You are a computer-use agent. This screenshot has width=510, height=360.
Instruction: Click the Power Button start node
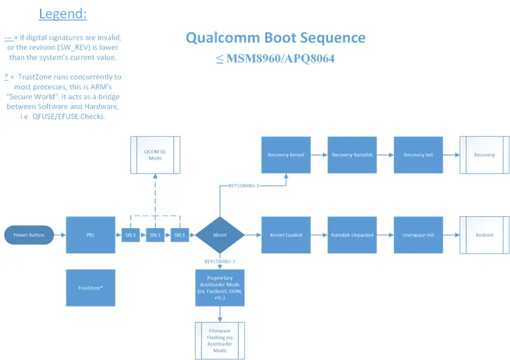[x=29, y=235]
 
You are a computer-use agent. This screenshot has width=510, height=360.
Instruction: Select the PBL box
[x=91, y=235]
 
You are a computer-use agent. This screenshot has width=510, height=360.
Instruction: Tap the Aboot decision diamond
[x=220, y=235]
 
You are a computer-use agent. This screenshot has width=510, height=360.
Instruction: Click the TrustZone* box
[x=91, y=288]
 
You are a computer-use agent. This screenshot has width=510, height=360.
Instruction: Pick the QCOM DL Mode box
[x=156, y=154]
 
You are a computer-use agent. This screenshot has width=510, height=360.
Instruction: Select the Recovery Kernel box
[x=286, y=155]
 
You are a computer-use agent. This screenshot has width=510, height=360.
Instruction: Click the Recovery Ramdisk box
[x=352, y=155]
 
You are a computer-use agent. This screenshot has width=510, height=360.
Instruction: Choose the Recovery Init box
[x=418, y=155]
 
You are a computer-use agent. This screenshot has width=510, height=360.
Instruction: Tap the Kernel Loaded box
[x=286, y=235]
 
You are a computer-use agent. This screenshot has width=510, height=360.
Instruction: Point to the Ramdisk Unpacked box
[x=352, y=235]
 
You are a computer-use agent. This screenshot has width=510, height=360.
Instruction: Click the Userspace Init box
[x=418, y=235]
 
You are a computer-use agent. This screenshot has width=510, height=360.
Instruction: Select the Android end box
[x=484, y=235]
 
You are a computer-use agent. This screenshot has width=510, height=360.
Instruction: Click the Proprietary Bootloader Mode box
[x=220, y=288]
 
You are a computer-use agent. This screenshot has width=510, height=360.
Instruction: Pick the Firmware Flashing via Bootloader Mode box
[x=220, y=341]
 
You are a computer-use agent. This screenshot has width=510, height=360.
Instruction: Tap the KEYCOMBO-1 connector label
[x=244, y=186]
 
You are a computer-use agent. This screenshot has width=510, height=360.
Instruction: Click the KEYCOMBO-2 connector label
[x=220, y=261]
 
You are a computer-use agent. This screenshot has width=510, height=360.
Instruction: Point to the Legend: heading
[x=63, y=14]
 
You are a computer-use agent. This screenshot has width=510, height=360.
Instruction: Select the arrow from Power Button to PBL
[x=60, y=235]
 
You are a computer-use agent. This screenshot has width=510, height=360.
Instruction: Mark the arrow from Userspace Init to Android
[x=451, y=235]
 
